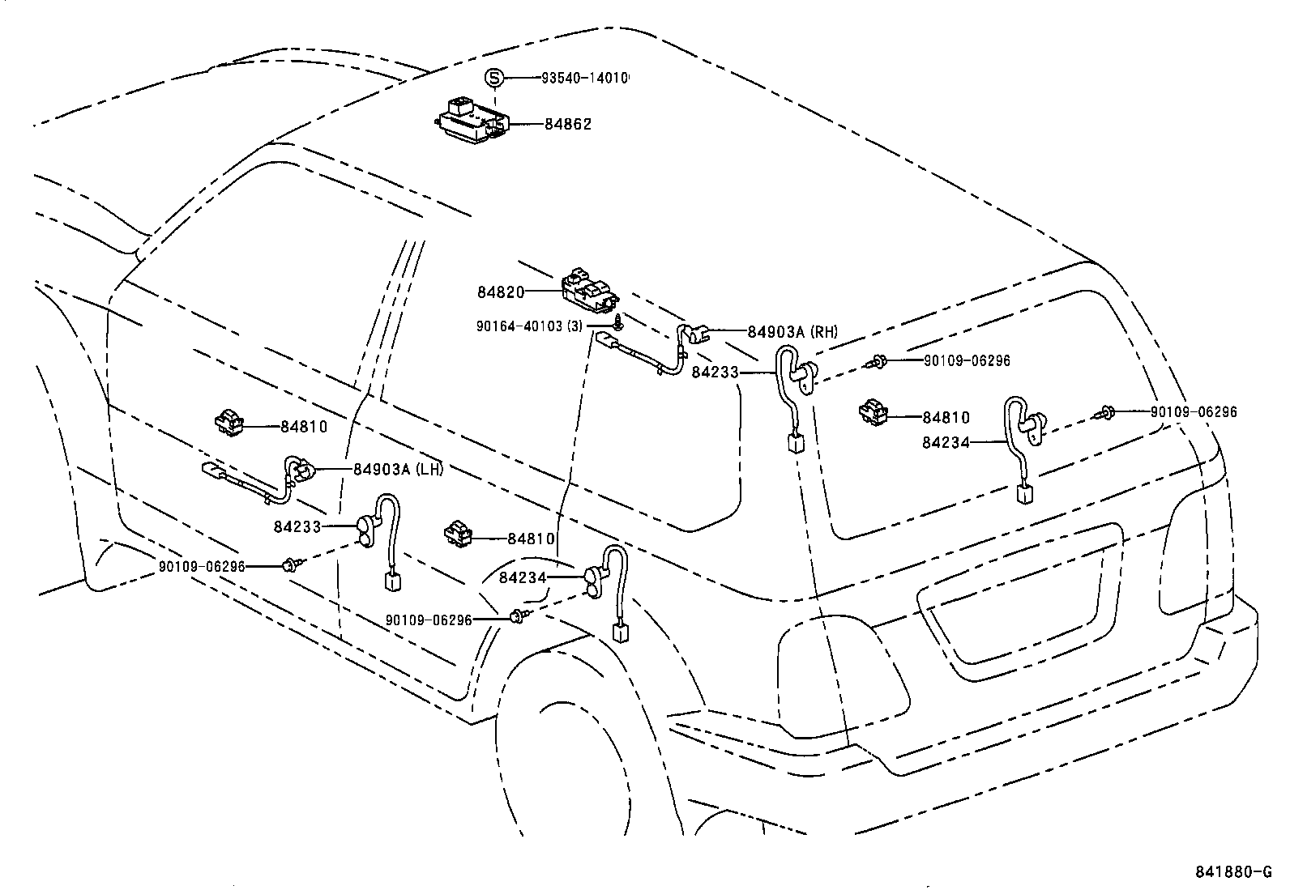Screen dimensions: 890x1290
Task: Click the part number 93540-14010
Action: click(585, 79)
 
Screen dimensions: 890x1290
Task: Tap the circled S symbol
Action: click(494, 79)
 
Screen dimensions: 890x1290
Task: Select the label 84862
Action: click(567, 124)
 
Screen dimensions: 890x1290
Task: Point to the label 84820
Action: click(501, 292)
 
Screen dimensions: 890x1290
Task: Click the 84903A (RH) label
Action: click(792, 331)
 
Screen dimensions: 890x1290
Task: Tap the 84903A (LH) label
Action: click(397, 469)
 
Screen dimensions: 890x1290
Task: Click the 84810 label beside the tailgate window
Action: click(946, 417)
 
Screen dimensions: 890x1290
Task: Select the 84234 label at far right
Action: click(946, 442)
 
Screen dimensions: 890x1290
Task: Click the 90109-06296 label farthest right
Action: click(1194, 411)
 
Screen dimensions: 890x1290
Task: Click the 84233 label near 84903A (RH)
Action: click(715, 372)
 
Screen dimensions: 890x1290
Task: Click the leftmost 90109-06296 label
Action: click(201, 567)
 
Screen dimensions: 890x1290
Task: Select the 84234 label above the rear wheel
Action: click(523, 577)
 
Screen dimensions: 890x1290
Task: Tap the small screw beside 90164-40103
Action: click(617, 322)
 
